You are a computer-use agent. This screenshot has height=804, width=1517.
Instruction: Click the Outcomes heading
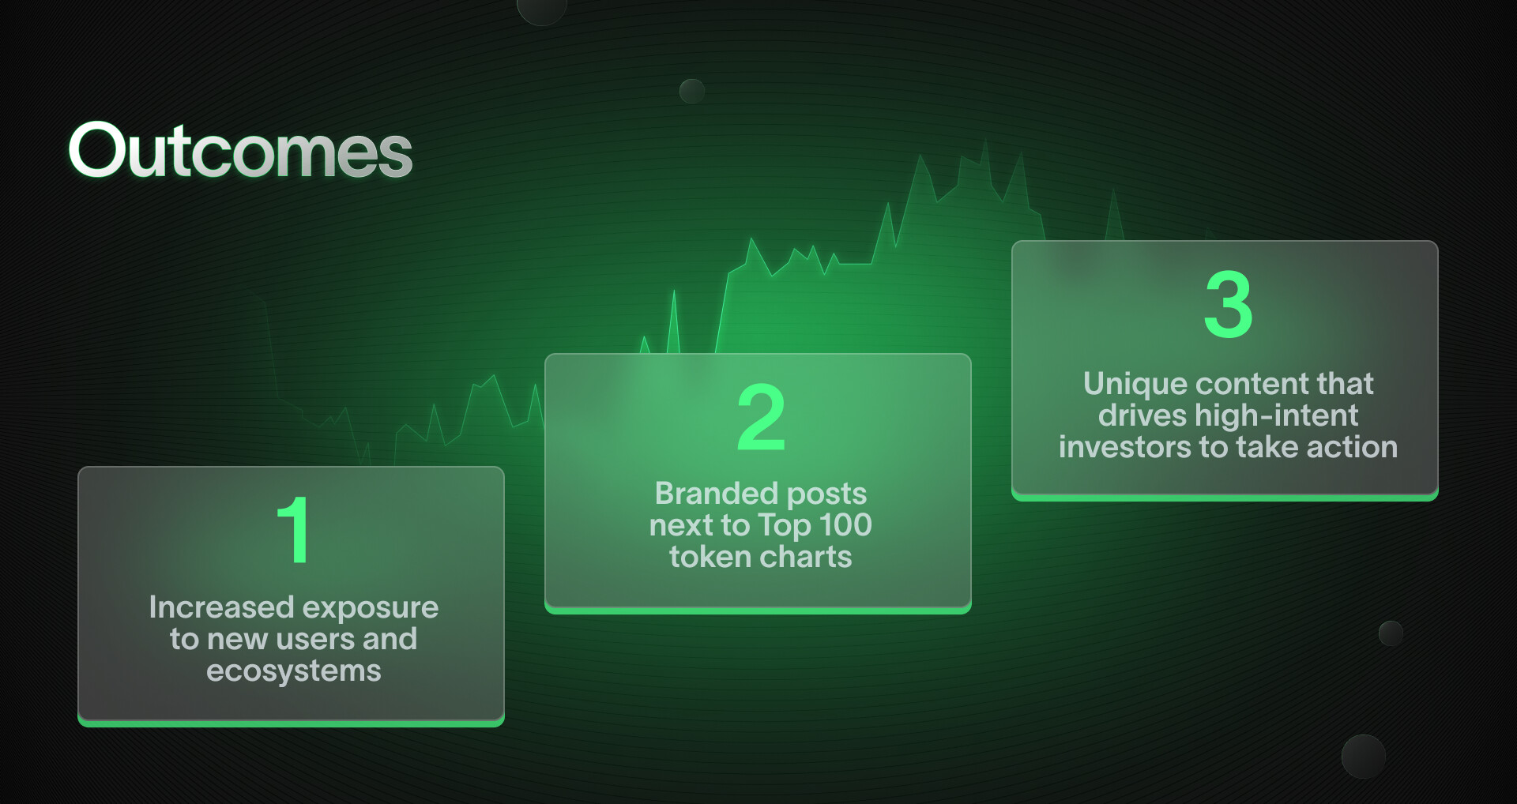pos(240,150)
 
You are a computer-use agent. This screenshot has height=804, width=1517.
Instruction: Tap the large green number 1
pos(293,530)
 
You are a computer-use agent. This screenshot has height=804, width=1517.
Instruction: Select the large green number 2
pos(761,417)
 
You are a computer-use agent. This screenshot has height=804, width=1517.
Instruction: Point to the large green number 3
pos(1229,304)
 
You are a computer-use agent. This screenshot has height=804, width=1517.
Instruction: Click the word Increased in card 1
pos(222,607)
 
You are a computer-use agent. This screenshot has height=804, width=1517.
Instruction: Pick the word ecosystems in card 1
pos(294,671)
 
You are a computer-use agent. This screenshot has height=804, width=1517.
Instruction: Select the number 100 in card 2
pos(845,525)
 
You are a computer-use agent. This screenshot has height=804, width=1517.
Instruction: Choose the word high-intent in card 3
pos(1277,415)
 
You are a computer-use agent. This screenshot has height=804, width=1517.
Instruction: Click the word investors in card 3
pos(1125,447)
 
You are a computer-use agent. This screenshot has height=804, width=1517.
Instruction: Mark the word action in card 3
pos(1352,447)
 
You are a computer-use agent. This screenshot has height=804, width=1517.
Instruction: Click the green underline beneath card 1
pos(291,723)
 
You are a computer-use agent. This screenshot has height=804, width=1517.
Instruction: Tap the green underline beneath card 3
pos(1225,497)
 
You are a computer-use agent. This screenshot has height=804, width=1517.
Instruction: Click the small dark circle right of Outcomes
pos(692,92)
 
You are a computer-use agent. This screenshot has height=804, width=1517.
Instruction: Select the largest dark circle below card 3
pos(1364,757)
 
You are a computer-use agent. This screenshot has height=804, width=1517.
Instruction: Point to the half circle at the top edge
pos(542,9)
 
